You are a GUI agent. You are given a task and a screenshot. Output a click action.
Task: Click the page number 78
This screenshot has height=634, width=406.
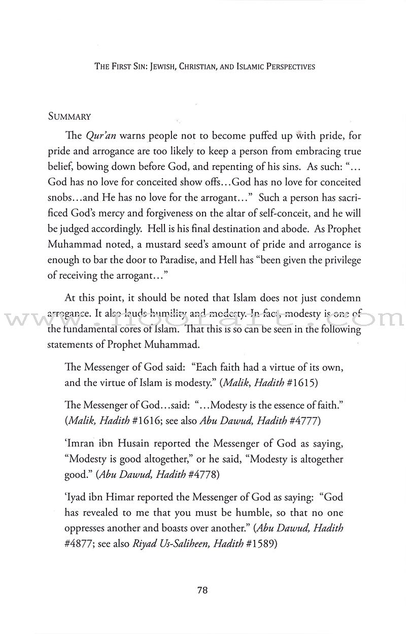point(202,591)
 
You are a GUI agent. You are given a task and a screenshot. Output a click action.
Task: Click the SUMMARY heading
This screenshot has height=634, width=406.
point(70,116)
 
